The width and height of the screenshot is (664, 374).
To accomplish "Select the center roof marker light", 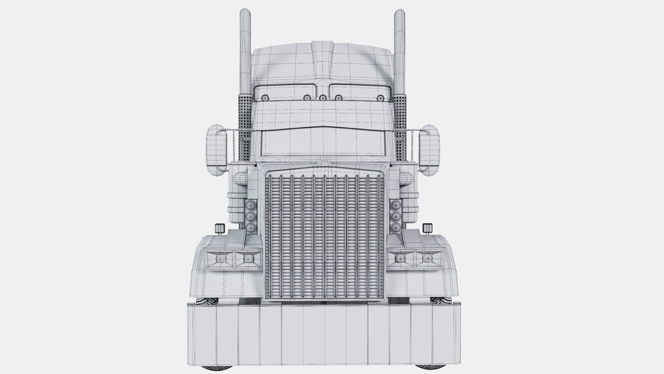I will pos(323,98).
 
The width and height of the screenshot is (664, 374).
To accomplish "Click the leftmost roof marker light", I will pos(265,98).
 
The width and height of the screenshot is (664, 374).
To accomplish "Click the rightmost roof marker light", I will pos(380,98).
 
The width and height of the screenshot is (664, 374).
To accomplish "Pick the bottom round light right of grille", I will pos(394,228).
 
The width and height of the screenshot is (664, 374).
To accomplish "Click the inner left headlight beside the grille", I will pos(248,258).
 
